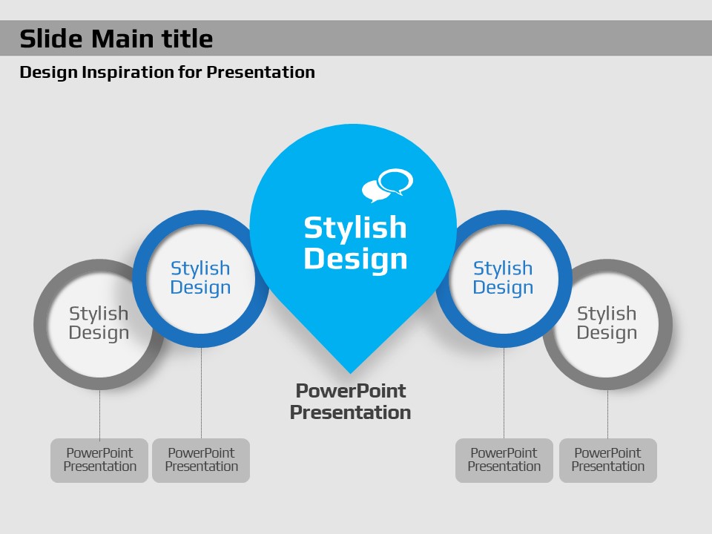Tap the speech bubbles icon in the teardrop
click(387, 185)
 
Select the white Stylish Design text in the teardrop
click(355, 243)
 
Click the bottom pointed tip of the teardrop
click(350, 373)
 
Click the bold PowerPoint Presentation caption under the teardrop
click(350, 401)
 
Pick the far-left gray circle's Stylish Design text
click(99, 323)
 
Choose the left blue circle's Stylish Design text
click(200, 278)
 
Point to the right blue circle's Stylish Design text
click(503, 278)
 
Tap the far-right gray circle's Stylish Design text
click(607, 323)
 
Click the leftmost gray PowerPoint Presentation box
click(99, 460)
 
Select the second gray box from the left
click(201, 460)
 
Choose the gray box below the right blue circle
click(504, 460)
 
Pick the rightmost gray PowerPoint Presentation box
click(608, 460)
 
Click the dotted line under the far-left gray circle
click(99, 414)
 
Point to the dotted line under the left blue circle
click(201, 393)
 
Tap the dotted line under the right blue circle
click(504, 393)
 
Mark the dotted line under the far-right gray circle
click(607, 414)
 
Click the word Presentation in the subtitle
click(260, 72)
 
